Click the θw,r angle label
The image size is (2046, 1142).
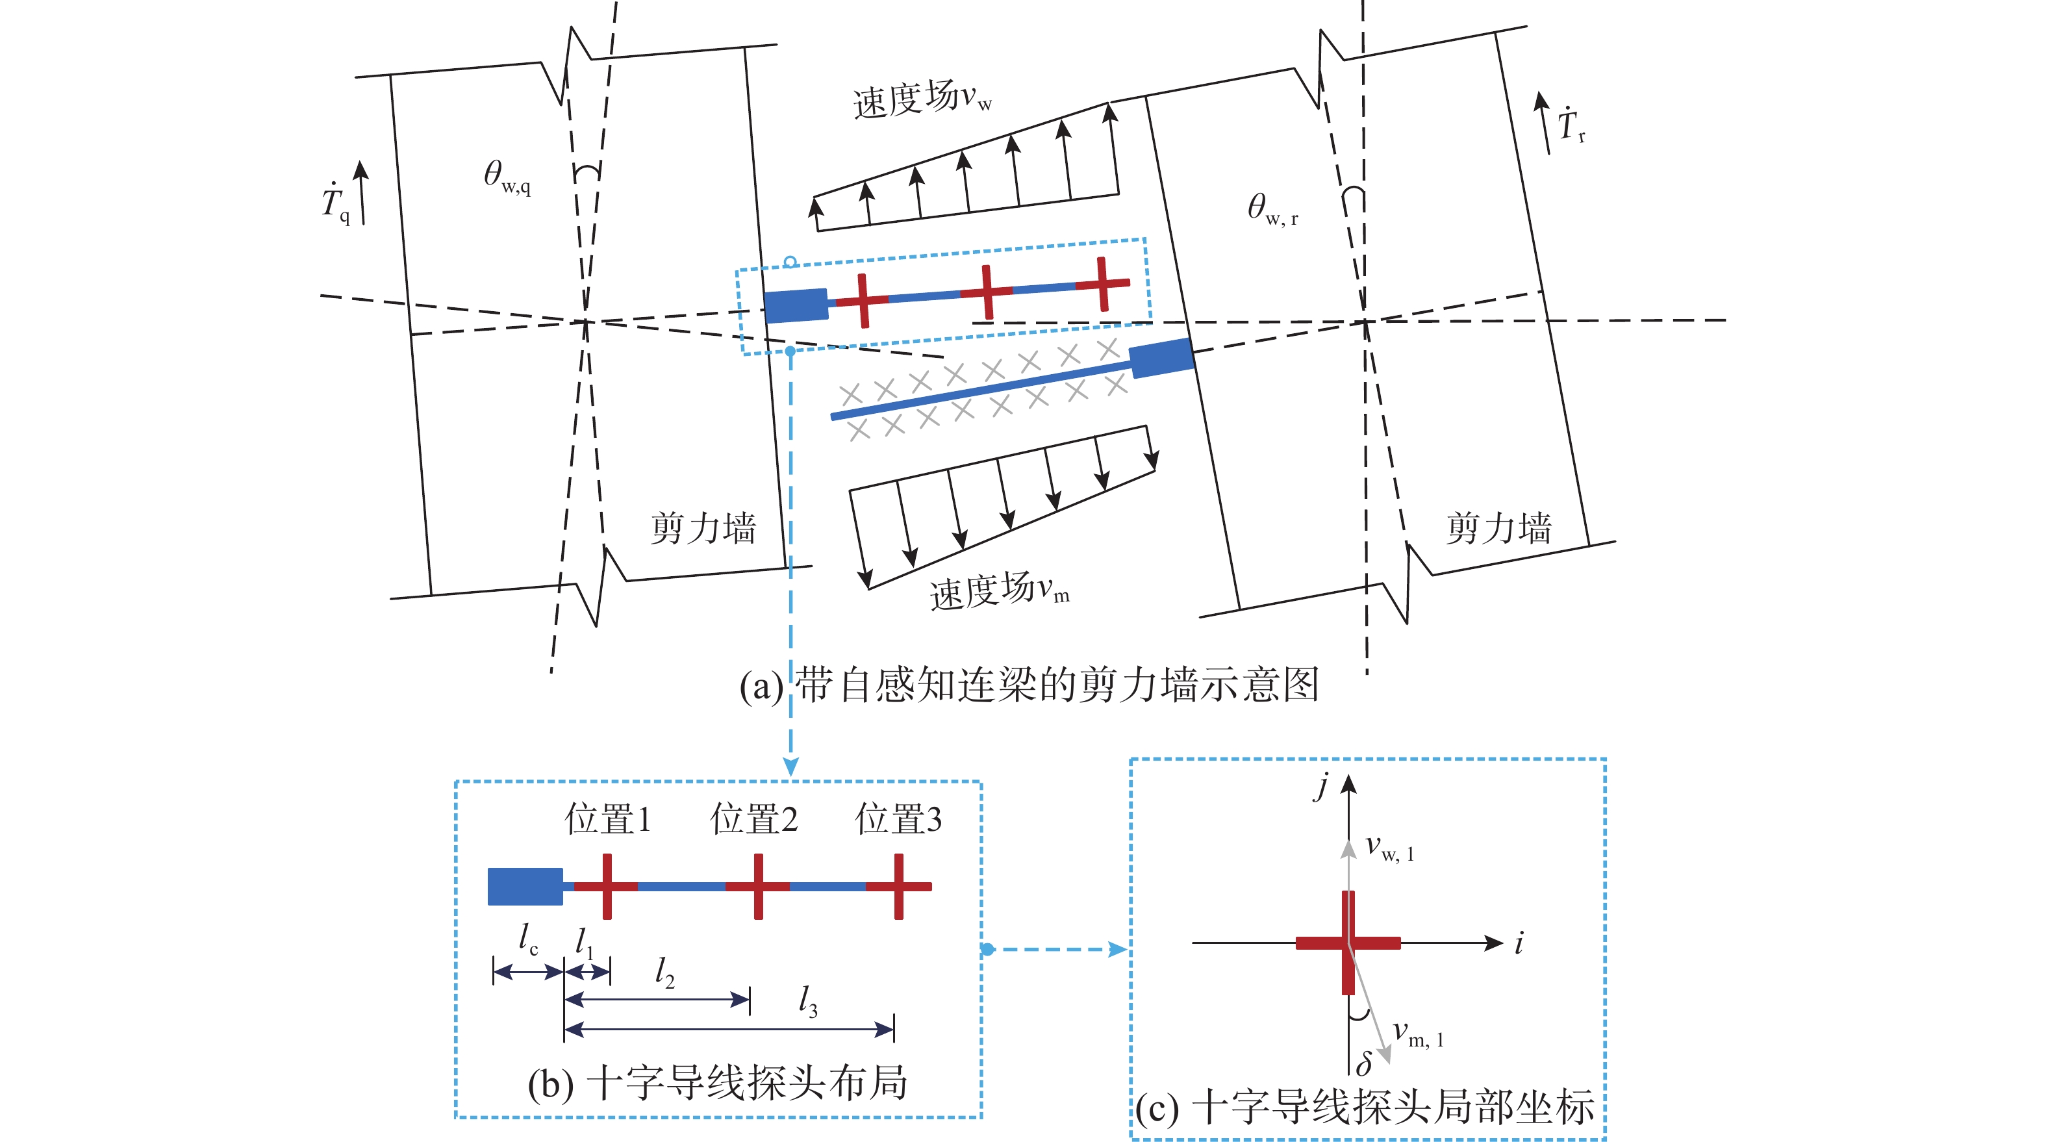click(1272, 210)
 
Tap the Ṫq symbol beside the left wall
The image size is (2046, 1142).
click(336, 203)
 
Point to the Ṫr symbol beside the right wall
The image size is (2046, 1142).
click(1571, 125)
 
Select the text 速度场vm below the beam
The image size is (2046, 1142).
click(999, 591)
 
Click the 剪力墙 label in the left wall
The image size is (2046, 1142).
click(703, 528)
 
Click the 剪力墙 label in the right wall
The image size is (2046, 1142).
click(1498, 528)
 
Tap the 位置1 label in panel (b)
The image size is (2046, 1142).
click(607, 818)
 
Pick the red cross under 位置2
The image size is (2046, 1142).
click(759, 886)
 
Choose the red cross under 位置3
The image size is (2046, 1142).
click(898, 886)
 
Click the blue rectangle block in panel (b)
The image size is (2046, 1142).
click(525, 886)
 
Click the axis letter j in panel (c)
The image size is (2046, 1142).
click(1322, 786)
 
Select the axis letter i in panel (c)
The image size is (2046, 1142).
click(1519, 943)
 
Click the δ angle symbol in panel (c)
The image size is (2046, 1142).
click(1365, 1061)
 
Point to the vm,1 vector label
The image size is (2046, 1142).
click(1419, 1034)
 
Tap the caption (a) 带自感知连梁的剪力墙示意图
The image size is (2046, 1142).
click(1029, 685)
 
